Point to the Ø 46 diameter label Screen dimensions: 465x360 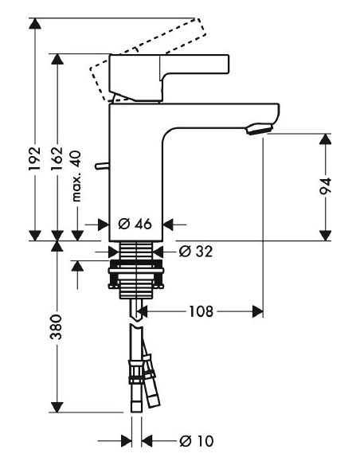(x=135, y=224)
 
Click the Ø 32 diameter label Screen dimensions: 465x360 (x=196, y=252)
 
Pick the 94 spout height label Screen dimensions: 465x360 (x=324, y=186)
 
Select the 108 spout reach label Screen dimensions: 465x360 (x=200, y=311)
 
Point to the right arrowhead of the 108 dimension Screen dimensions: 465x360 (x=257, y=311)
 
